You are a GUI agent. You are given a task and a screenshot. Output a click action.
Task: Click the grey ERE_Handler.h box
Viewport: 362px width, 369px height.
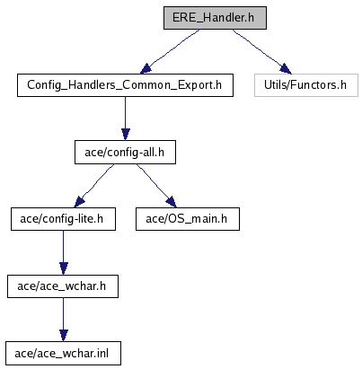215,18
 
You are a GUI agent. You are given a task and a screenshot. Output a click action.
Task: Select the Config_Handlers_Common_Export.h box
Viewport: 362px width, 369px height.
125,85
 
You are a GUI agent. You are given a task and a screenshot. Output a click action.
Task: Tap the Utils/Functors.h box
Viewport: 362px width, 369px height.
306,85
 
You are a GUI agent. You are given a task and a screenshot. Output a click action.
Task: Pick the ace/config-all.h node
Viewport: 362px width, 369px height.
125,153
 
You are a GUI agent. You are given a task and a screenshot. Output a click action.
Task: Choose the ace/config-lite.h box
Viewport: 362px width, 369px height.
63,219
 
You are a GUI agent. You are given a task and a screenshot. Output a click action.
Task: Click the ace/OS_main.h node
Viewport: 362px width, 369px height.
188,219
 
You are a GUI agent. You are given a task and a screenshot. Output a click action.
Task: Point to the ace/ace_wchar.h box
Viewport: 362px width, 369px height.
63,286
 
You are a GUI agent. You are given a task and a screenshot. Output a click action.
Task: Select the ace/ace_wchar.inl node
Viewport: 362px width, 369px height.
63,354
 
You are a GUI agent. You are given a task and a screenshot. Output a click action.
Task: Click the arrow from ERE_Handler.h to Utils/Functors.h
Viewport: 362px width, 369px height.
261,51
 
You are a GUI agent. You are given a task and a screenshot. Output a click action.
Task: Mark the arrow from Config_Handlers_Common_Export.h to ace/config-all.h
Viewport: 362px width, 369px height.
126,119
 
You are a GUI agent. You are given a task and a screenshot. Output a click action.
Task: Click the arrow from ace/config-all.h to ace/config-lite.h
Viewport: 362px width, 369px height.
94,185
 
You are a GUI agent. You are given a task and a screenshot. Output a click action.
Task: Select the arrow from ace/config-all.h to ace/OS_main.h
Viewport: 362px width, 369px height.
156,185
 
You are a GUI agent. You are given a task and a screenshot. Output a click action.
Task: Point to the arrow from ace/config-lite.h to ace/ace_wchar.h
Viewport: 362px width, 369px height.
64,252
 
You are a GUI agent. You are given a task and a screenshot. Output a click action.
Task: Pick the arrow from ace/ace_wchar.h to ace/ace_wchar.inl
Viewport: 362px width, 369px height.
64,320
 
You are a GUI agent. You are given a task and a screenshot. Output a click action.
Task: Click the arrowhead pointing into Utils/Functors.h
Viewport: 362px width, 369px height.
286,69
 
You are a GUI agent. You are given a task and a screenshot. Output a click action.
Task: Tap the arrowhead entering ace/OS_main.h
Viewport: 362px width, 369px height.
172,202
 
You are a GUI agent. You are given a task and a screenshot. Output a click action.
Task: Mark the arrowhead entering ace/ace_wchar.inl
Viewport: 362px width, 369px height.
64,336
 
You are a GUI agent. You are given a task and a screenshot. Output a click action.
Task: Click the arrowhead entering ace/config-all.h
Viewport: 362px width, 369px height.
126,135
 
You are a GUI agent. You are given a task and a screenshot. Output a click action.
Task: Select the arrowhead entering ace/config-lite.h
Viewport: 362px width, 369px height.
79,202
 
